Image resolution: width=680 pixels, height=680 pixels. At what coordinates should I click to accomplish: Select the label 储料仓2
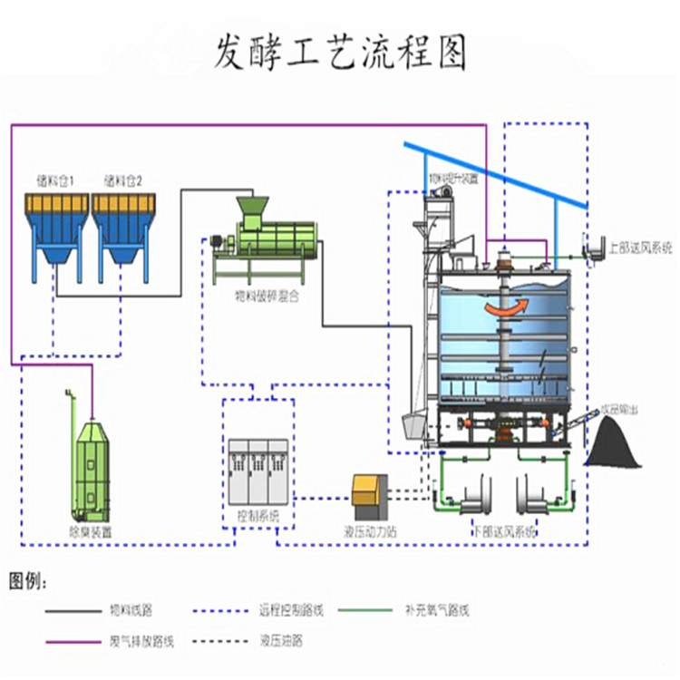[x=123, y=180]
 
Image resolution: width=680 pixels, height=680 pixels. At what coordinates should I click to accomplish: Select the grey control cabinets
[x=258, y=471]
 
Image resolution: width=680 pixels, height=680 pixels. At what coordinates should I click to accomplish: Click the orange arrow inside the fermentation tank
[x=503, y=308]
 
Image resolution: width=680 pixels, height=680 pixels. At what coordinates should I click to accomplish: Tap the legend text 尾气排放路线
[x=141, y=641]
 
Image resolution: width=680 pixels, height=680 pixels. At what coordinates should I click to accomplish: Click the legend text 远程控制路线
[x=289, y=611]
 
